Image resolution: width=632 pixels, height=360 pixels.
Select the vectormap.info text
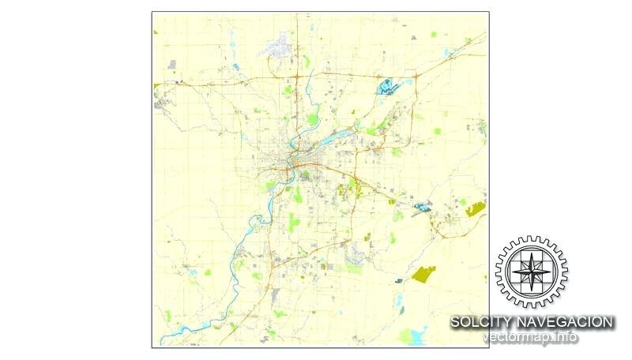530,337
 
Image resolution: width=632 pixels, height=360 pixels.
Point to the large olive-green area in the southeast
423,275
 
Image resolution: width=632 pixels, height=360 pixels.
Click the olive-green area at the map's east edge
476,209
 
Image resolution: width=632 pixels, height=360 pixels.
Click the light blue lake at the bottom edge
409,337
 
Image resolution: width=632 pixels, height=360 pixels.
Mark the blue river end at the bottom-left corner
163,338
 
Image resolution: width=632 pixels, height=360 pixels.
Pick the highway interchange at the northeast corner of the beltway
358,151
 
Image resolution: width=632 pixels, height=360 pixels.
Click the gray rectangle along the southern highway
275,295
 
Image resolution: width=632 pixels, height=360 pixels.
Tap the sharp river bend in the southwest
235,267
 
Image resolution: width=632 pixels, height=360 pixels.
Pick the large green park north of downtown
313,120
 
